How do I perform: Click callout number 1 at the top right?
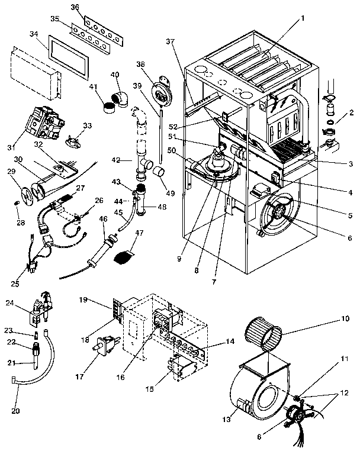coord(303,18)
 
